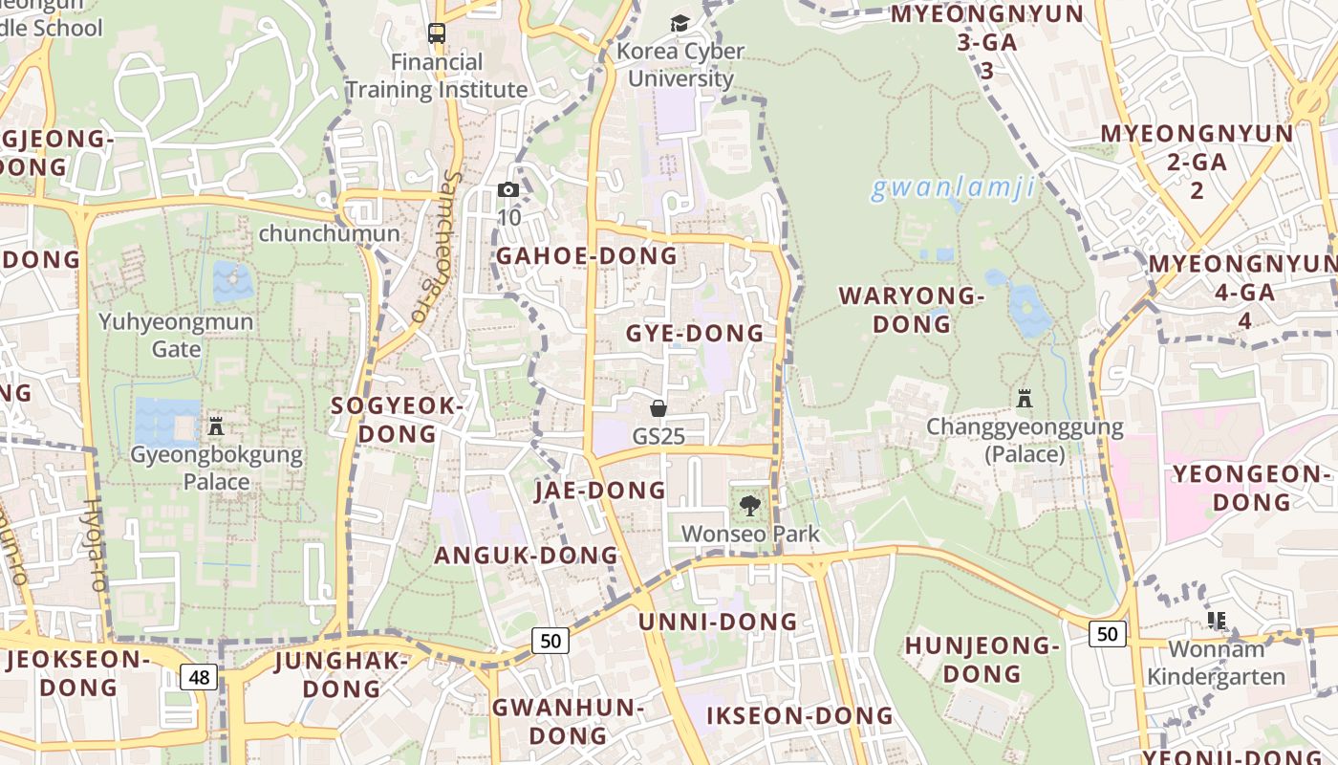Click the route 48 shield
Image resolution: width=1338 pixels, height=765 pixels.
click(x=199, y=677)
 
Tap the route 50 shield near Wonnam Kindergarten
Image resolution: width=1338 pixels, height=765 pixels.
click(x=1107, y=633)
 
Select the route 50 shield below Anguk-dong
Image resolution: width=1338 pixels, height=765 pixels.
click(x=550, y=641)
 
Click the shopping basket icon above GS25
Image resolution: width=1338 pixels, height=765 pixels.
click(x=658, y=409)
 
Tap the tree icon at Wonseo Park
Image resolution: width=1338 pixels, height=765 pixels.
click(x=750, y=506)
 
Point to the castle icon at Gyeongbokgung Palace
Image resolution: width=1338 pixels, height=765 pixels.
click(x=216, y=426)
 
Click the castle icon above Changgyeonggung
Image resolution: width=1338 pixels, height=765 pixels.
click(x=1025, y=398)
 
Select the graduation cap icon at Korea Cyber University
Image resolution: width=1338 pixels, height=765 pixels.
click(x=680, y=24)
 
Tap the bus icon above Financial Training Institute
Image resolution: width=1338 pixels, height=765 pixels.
click(x=437, y=33)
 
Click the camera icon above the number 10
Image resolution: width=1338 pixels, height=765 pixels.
click(x=508, y=190)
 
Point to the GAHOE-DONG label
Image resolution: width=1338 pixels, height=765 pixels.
click(x=586, y=256)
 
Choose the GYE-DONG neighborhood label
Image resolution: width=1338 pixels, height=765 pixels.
click(x=695, y=334)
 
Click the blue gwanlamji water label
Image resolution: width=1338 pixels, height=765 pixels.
click(x=953, y=188)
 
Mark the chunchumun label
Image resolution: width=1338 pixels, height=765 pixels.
click(x=329, y=233)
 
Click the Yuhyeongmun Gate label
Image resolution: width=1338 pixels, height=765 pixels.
click(x=176, y=335)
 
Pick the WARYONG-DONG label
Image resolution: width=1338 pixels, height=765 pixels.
click(x=912, y=310)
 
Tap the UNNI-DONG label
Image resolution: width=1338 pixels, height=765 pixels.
click(x=718, y=622)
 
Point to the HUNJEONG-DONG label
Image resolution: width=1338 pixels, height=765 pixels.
click(x=982, y=660)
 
